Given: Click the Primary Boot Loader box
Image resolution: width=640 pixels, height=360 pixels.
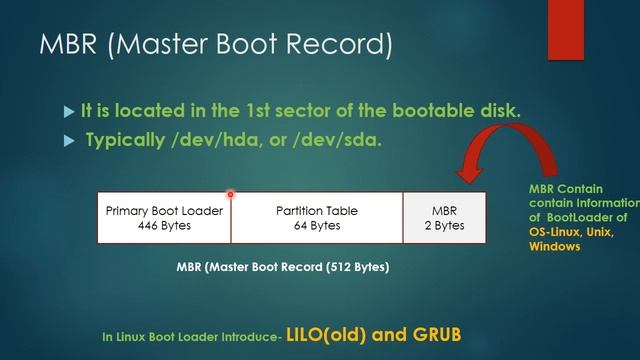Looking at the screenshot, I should click(163, 217).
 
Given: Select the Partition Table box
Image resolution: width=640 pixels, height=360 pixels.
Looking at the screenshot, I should click(316, 217).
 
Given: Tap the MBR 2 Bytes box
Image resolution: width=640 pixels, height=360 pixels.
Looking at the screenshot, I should click(444, 217).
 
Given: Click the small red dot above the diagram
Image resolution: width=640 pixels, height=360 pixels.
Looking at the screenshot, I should click(230, 194).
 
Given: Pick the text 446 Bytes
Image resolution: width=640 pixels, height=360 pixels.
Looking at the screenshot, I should click(163, 225).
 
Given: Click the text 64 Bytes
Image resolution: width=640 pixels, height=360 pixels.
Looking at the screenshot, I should click(316, 225).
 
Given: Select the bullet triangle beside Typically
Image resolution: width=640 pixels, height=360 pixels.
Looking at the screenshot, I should click(68, 141).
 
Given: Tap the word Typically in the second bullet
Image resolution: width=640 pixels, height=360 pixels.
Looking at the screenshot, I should click(123, 140).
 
